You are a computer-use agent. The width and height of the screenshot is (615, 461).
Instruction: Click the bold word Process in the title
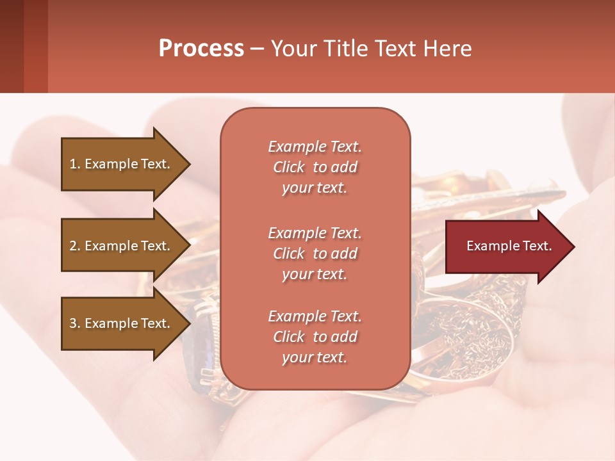coord(201,49)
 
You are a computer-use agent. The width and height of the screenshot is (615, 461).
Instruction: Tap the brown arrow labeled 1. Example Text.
coord(122,164)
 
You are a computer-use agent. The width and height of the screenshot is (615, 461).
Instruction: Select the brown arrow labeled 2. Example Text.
coord(122,246)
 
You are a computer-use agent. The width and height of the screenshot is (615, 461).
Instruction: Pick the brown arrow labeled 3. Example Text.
coord(122,323)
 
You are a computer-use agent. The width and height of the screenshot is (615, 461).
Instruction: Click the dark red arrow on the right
coord(506,247)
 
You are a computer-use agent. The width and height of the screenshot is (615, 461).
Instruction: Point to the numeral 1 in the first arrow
coord(72,164)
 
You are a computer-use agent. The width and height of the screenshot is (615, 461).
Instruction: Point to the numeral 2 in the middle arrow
coord(73,246)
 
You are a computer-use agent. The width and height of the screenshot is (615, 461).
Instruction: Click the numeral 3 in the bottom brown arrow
coord(73,323)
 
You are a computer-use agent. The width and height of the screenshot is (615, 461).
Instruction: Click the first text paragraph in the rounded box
coord(315,167)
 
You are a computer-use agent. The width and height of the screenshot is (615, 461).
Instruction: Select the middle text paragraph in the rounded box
coord(315,254)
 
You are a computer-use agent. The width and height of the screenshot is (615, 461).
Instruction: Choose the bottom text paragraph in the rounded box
coord(315,337)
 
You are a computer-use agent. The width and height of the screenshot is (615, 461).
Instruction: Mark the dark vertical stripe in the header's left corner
coord(35,46)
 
